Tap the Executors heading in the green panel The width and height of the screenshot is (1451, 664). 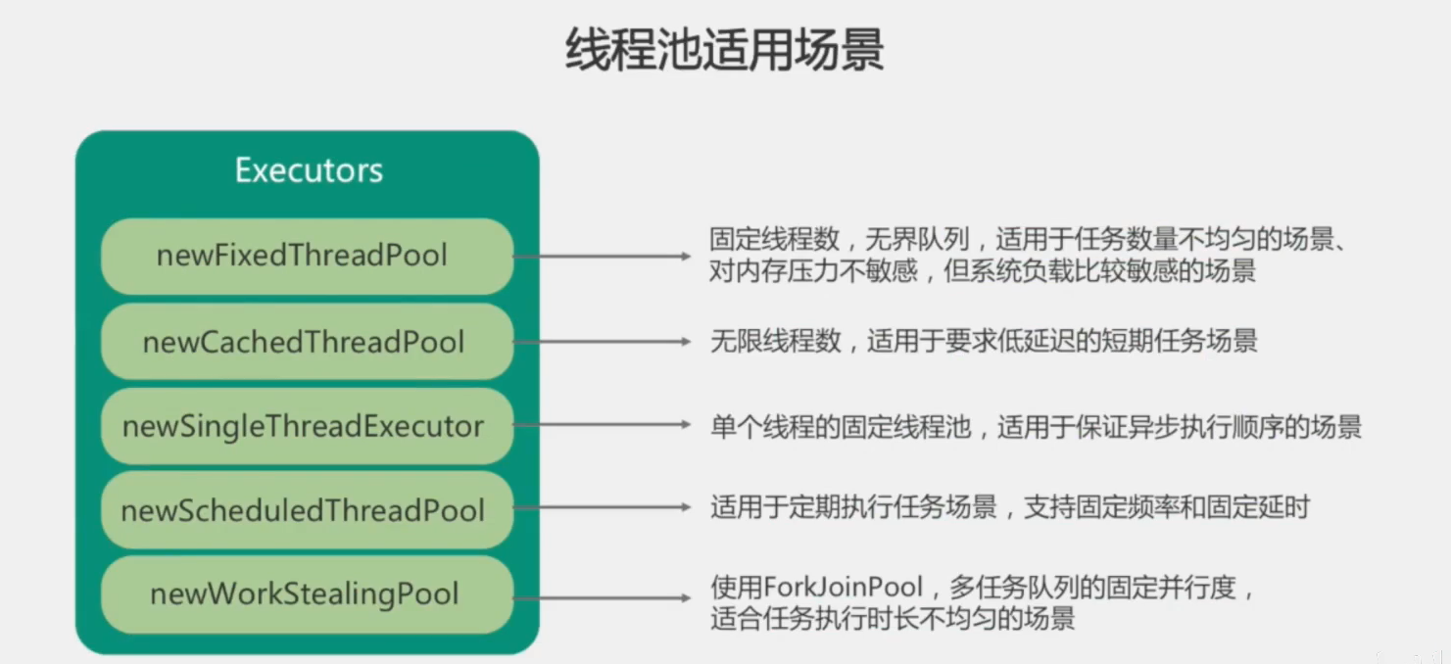(309, 170)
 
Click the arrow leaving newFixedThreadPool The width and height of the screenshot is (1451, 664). (602, 257)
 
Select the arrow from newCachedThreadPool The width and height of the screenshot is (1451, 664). (602, 342)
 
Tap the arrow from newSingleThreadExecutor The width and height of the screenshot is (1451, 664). (602, 426)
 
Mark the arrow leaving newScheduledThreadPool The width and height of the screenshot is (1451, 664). (602, 508)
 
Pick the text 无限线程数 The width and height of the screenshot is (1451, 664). (775, 341)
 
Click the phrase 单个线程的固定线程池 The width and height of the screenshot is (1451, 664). (840, 427)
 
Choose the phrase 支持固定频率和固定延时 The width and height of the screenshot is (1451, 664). (1166, 507)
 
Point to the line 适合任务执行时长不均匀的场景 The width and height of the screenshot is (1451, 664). (893, 619)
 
